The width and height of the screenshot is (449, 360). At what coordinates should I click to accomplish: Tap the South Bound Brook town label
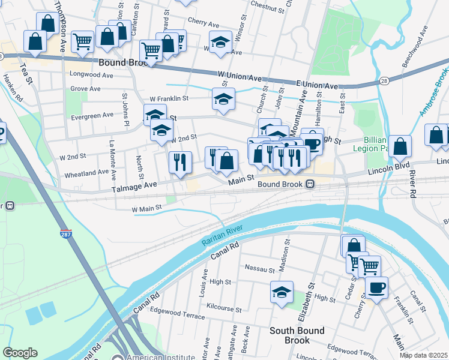click(x=297, y=335)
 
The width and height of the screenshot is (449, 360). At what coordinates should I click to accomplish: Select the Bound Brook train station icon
click(x=310, y=184)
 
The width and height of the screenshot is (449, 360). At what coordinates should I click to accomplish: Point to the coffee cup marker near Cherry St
click(x=376, y=288)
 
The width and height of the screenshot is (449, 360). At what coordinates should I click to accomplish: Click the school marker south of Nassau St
click(x=282, y=292)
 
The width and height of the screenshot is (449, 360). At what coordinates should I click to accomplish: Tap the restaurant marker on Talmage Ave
click(x=180, y=161)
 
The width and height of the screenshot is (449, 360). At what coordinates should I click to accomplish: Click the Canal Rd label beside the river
click(x=225, y=250)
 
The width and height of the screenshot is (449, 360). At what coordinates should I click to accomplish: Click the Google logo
click(x=20, y=353)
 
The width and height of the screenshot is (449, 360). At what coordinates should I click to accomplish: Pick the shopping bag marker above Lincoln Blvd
click(x=400, y=146)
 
